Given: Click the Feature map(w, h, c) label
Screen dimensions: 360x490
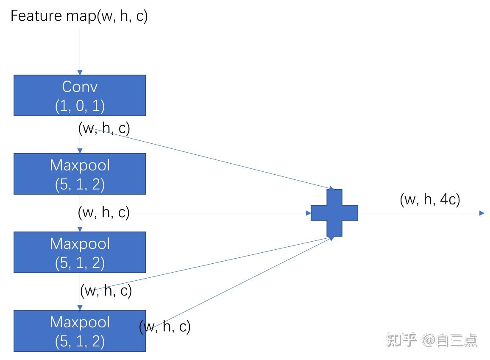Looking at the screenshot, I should tap(79, 16).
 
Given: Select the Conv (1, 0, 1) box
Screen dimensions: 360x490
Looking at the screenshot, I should tap(80, 95).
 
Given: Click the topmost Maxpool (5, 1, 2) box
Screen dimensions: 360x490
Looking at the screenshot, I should tap(80, 174).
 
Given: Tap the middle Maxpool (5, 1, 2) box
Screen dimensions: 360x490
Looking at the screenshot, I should tap(80, 252).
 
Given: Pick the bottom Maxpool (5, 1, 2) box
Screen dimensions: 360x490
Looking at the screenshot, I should tap(80, 331).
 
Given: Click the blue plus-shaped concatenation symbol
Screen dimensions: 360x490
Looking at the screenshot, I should tap(334, 212).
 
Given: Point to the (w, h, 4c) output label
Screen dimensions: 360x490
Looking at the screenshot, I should tap(430, 199).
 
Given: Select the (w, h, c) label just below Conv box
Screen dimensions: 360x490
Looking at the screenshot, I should tap(104, 128).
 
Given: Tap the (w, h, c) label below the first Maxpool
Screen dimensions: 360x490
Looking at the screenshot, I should tap(104, 212).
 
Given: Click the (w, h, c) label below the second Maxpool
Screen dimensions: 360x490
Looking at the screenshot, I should tap(106, 291).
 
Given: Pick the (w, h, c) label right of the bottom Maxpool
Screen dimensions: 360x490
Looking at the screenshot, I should tap(165, 327).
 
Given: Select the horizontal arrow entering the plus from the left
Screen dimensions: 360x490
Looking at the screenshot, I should tap(220, 213).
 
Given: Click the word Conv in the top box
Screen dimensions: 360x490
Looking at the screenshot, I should tap(80, 87).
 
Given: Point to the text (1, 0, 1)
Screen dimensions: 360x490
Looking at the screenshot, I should tap(80, 106).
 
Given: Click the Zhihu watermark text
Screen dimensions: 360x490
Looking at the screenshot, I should tap(432, 340).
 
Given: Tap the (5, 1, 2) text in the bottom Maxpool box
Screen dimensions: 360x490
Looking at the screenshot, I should tap(80, 341).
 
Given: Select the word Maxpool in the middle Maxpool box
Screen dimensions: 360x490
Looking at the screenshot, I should tap(80, 243).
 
